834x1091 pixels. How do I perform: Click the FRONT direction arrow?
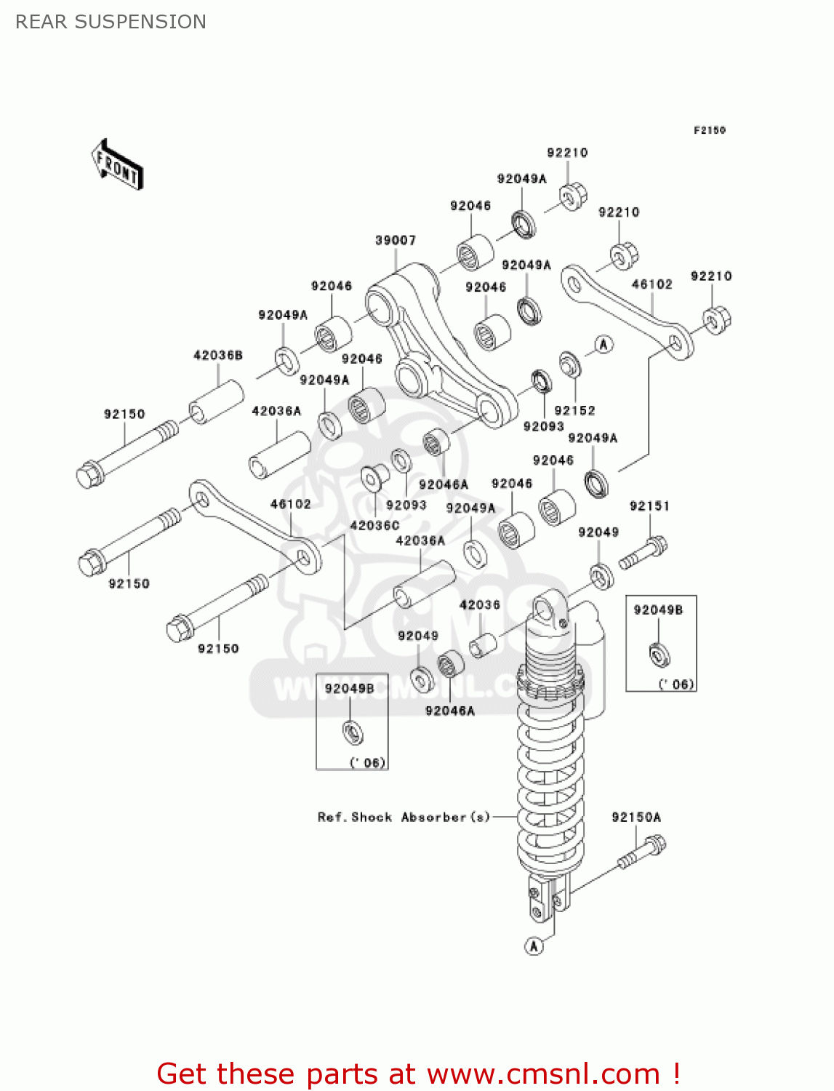(117, 165)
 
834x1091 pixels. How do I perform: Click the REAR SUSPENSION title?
(111, 22)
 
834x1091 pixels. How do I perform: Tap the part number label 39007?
(396, 240)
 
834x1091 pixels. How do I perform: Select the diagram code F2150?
(709, 130)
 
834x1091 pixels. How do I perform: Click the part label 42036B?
(217, 355)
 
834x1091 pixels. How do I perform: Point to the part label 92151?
(649, 505)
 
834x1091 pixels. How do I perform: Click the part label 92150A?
(636, 817)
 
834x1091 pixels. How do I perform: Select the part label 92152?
(574, 410)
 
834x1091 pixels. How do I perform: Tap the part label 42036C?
(374, 525)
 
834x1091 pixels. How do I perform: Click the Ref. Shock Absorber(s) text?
(404, 817)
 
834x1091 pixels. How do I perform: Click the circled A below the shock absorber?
(534, 946)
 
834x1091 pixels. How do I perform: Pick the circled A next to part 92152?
(604, 345)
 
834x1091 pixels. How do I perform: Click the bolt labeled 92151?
(643, 553)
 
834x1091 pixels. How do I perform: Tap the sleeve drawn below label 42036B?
(216, 401)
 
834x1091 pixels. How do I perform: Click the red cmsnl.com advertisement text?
(418, 1074)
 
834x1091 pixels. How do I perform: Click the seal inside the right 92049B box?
(659, 654)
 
